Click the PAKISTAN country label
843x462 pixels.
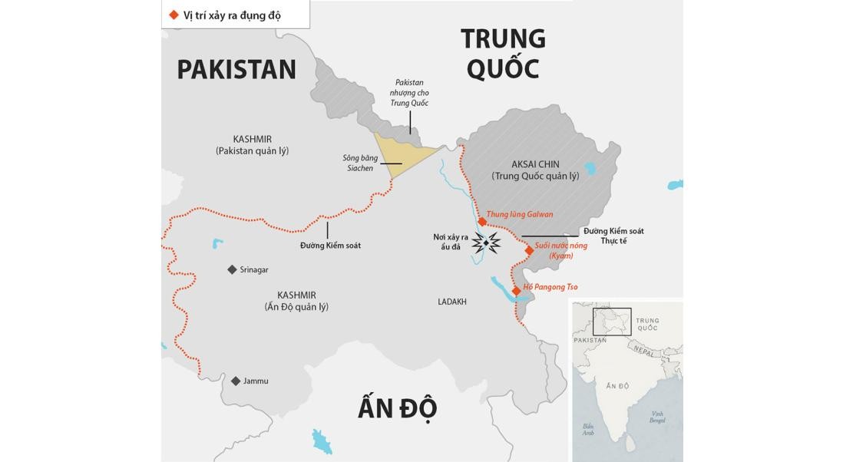(236, 70)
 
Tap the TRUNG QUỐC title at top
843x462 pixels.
(503, 53)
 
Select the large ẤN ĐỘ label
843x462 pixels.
(397, 408)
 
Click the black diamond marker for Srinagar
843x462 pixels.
(232, 269)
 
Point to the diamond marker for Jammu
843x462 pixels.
(236, 381)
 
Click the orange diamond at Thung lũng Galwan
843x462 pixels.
(482, 222)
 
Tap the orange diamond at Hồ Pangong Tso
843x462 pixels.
(517, 291)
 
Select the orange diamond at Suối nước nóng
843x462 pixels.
(529, 250)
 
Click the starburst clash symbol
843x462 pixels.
(486, 243)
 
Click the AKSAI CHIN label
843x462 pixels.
(535, 164)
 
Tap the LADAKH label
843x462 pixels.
(452, 302)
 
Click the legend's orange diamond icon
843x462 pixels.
(174, 15)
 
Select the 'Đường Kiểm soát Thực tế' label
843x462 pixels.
(613, 236)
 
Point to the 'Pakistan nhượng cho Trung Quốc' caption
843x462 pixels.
(409, 93)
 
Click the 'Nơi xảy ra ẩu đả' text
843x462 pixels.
(451, 242)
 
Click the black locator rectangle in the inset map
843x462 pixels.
(612, 322)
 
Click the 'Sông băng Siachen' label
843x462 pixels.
(360, 163)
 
